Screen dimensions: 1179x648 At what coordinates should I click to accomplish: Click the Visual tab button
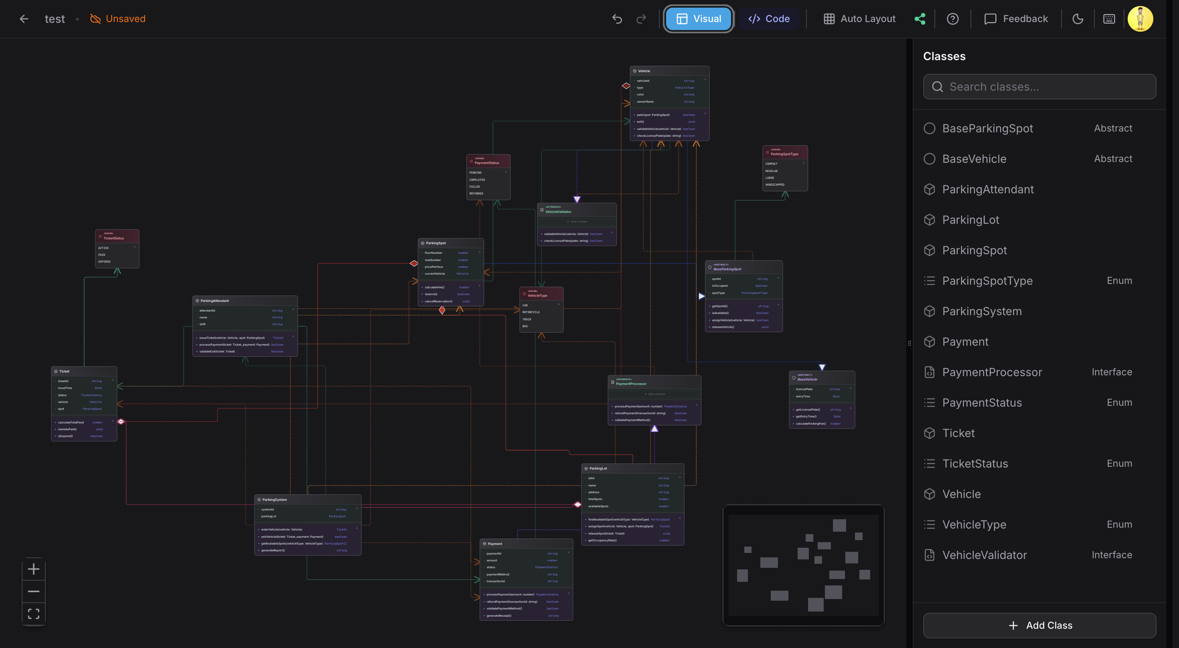tap(699, 19)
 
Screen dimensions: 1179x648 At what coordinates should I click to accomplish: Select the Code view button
tap(769, 19)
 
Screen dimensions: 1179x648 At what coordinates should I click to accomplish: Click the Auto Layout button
tap(859, 19)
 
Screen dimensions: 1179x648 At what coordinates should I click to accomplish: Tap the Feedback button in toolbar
tap(1016, 19)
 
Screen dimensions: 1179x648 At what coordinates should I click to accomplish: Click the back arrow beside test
tap(24, 19)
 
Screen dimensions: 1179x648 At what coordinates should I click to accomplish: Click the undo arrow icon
tap(617, 19)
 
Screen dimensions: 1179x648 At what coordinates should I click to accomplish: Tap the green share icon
tap(920, 19)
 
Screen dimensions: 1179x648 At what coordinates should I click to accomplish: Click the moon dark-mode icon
tap(1078, 19)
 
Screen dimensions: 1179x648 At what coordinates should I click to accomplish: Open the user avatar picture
tap(1140, 19)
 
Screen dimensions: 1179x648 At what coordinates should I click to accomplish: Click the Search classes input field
tap(1039, 87)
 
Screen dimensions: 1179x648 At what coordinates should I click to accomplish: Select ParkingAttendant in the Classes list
tap(988, 189)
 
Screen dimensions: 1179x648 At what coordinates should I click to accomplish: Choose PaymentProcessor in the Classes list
tap(992, 372)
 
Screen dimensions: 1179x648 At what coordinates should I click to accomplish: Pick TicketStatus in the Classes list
tap(975, 464)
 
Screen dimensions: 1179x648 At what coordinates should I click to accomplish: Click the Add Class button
tap(1039, 625)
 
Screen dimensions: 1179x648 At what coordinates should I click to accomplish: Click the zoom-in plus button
tap(33, 569)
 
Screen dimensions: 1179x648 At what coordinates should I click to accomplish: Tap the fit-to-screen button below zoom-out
tap(33, 614)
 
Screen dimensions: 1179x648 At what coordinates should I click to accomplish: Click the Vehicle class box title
tap(644, 71)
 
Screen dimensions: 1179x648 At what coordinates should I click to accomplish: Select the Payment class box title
tap(495, 544)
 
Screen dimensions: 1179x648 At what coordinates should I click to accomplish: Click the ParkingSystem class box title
tap(275, 500)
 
